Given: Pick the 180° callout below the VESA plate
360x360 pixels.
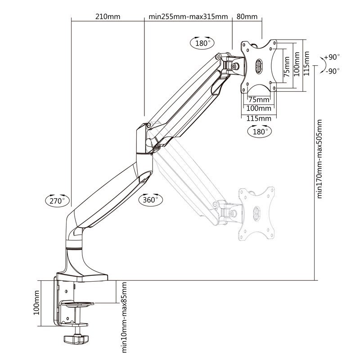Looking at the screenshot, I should tap(259, 132).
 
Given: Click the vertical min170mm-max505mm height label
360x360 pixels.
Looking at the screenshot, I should tap(320, 158).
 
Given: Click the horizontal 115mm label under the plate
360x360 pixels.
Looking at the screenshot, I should tap(259, 118).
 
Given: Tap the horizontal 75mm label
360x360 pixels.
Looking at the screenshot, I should tap(259, 99).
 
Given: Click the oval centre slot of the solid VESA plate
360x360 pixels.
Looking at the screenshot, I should tap(259, 66).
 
